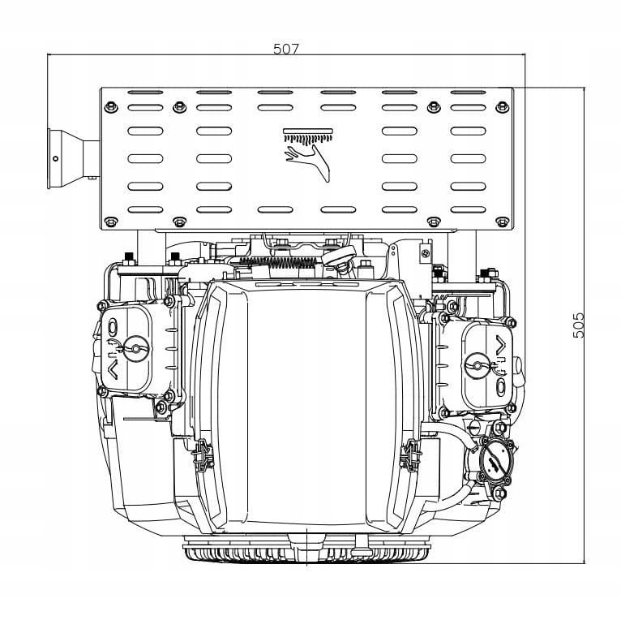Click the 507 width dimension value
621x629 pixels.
285,49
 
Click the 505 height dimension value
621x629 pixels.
577,325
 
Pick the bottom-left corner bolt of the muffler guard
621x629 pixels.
111,219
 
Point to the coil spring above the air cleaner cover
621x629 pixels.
281,261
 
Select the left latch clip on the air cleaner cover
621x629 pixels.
199,459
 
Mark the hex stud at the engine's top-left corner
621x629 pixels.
127,258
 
